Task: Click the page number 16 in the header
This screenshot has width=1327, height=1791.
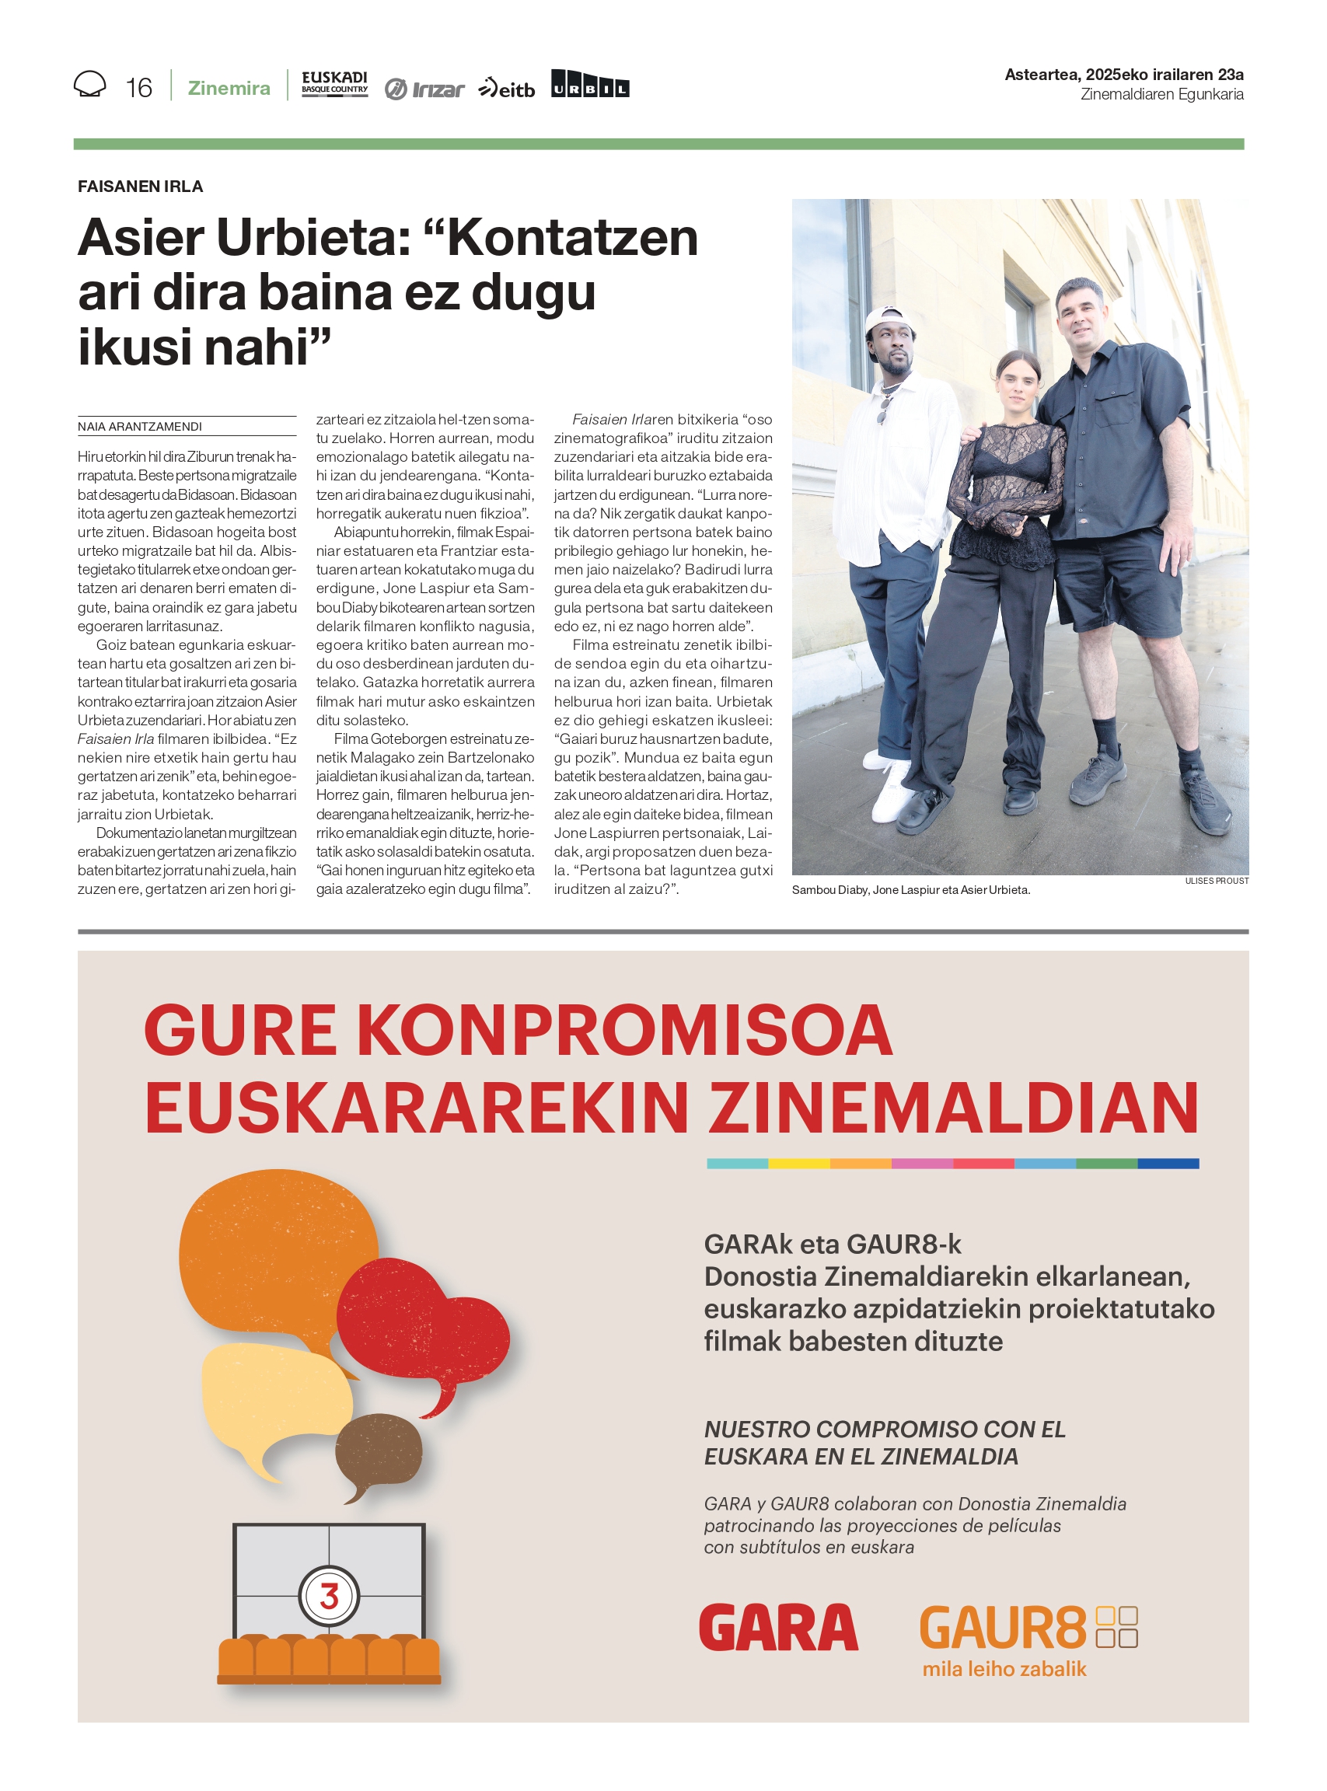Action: (139, 88)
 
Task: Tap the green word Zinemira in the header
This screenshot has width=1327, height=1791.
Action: (229, 89)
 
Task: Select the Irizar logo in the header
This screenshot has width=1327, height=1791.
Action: (424, 89)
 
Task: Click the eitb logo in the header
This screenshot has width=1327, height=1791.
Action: (507, 89)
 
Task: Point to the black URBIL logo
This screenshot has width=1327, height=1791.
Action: (589, 84)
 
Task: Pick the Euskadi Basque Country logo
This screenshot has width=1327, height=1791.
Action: (334, 83)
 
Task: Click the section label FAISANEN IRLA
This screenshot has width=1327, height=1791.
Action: (141, 187)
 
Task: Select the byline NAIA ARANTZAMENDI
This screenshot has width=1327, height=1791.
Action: (140, 427)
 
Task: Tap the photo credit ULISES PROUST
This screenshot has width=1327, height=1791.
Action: (1216, 881)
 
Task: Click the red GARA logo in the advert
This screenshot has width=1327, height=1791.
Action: (778, 1627)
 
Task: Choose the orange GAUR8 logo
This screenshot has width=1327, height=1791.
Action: (1003, 1627)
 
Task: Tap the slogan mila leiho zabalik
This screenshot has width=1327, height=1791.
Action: (1004, 1669)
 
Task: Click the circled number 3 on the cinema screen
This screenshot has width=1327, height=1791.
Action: (329, 1596)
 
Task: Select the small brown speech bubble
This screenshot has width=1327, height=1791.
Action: (377, 1452)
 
